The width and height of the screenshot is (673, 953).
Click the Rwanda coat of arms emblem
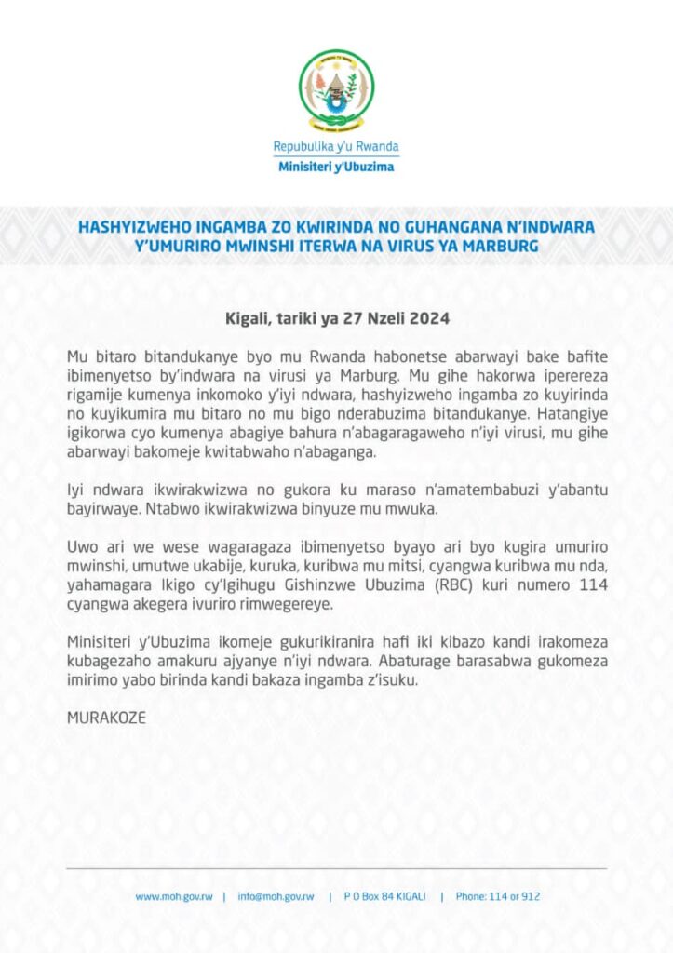click(336, 90)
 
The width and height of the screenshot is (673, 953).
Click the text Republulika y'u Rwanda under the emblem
click(336, 147)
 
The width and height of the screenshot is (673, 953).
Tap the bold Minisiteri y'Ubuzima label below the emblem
click(336, 167)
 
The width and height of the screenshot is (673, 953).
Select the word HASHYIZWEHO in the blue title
click(128, 227)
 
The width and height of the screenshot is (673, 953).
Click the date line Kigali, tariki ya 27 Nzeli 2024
click(338, 318)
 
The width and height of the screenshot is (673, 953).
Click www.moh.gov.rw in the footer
click(174, 896)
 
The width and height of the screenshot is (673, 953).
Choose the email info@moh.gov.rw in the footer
click(276, 896)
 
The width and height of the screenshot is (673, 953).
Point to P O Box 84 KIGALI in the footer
click(384, 896)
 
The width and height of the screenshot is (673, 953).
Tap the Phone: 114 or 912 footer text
click(498, 896)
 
